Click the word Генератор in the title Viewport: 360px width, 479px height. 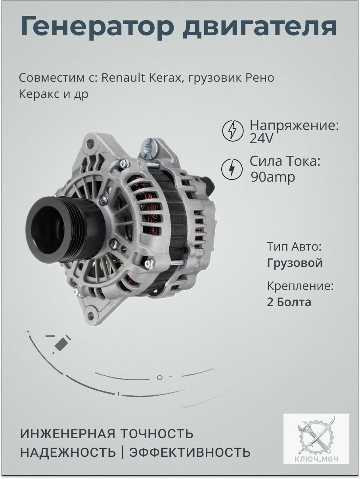pyautogui.click(x=97, y=27)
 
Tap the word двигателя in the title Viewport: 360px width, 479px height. pyautogui.click(x=260, y=27)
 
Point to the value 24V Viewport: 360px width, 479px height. pyautogui.click(x=262, y=139)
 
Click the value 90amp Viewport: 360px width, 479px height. pyautogui.click(x=273, y=177)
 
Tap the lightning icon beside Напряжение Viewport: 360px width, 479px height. pyautogui.click(x=233, y=130)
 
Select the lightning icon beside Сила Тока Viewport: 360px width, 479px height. pyautogui.click(x=232, y=169)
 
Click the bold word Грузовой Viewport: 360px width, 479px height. pyautogui.click(x=295, y=263)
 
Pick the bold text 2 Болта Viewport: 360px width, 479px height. pyautogui.click(x=289, y=302)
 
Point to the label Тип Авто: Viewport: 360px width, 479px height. pyautogui.click(x=294, y=247)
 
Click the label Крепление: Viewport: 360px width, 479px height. pyautogui.click(x=300, y=286)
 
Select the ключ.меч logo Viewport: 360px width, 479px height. pyautogui.click(x=316, y=438)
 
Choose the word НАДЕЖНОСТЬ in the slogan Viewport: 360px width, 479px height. pyautogui.click(x=68, y=452)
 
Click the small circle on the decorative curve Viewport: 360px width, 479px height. pyautogui.click(x=159, y=377)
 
